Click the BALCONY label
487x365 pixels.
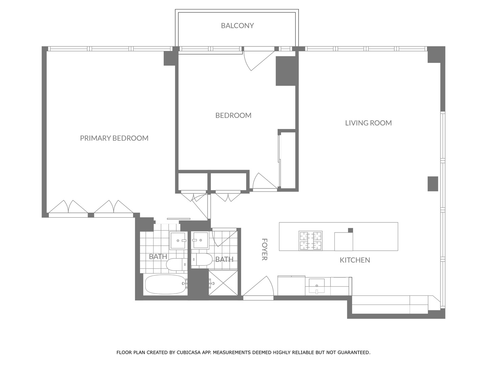[237, 26]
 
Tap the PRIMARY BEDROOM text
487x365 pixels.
[114, 138]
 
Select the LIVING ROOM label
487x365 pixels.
[368, 123]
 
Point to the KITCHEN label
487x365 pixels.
[354, 260]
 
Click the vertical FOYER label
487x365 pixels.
[264, 249]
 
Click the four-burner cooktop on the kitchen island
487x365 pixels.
[310, 241]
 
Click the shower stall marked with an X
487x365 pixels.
[223, 283]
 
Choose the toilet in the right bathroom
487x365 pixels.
[202, 260]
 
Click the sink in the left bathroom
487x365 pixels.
[178, 240]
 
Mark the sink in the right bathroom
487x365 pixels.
[200, 240]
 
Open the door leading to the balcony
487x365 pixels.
[259, 59]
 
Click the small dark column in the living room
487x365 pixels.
[433, 184]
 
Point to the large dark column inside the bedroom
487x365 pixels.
[286, 71]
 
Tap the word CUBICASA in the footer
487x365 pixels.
[188, 352]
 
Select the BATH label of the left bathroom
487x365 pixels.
[158, 257]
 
